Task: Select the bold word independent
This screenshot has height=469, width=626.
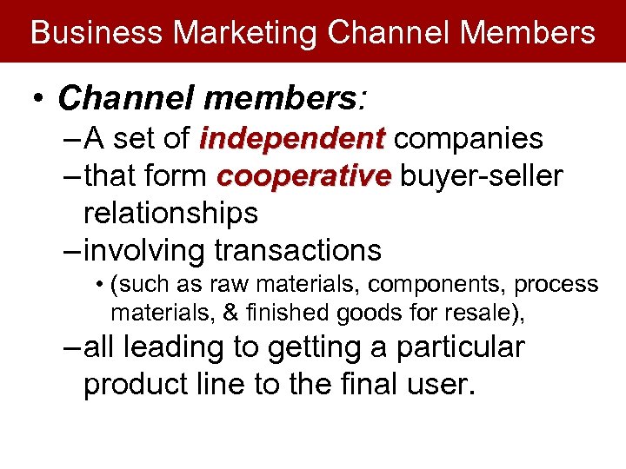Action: point(292,138)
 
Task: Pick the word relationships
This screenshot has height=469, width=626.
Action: point(170,213)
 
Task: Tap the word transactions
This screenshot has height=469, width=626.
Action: point(297,250)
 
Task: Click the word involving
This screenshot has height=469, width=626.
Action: point(144,250)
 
